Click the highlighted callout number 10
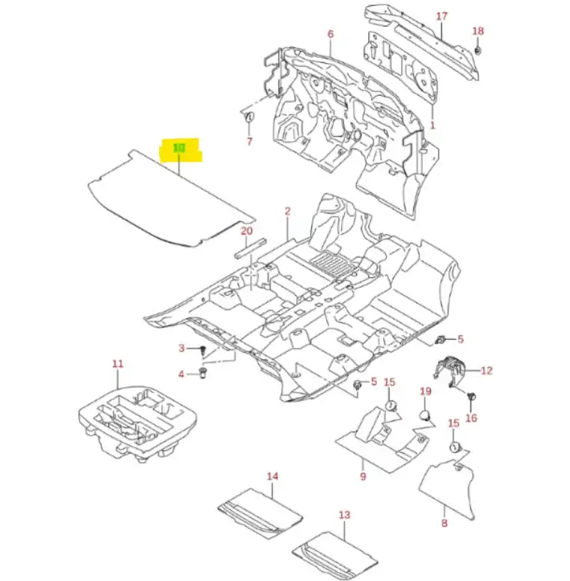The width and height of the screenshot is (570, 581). tap(179, 148)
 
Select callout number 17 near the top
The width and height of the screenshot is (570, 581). tap(441, 16)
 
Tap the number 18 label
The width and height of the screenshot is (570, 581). tap(478, 31)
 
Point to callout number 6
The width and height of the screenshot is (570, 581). tap(330, 34)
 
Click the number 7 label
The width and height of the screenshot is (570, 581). tap(249, 142)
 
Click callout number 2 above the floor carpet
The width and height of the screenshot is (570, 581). tap(287, 212)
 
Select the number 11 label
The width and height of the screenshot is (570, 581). tap(117, 364)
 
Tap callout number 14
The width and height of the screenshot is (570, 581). tap(272, 476)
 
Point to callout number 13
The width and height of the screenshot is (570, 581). tap(344, 515)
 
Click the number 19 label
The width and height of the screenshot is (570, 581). tap(426, 392)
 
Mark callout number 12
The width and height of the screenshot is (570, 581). tap(487, 370)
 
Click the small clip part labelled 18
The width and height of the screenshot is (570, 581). tap(477, 50)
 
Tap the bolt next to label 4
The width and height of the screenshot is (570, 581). tap(203, 374)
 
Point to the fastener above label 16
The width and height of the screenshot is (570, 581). tap(471, 396)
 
